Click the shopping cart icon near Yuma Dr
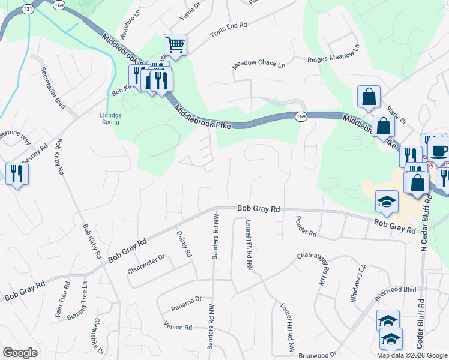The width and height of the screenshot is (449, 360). pos(175,44)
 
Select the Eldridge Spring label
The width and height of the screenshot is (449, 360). pos(110,118)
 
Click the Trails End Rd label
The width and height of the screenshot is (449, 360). pos(228,29)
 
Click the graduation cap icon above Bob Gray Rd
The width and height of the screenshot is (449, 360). pos(387,202)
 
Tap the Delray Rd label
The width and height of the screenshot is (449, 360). pos(184,244)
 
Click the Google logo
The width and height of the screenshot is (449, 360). pos(20,353)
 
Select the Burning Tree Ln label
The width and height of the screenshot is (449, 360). pos(77,299)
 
